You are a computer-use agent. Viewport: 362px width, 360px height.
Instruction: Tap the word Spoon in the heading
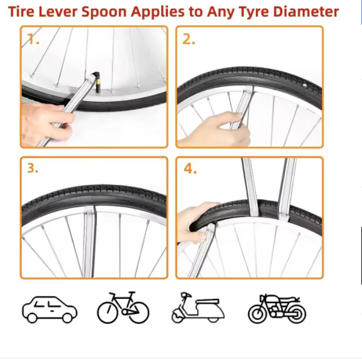point(104,13)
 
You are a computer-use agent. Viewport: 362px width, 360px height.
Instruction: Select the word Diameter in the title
point(306,11)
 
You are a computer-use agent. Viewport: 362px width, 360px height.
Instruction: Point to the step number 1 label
point(33,39)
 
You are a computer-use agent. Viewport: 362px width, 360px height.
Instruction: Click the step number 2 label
point(189,39)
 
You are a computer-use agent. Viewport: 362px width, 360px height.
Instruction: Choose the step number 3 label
point(32,168)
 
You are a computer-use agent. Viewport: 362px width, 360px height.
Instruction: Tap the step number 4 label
point(190,169)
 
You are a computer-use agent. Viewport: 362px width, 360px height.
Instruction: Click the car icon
point(50,310)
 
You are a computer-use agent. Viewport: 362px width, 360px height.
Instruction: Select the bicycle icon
point(123,308)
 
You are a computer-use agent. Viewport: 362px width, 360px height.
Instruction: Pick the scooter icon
point(198,308)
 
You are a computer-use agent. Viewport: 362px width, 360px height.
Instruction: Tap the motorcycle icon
point(277,308)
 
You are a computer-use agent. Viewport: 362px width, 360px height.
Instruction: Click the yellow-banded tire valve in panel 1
point(98,83)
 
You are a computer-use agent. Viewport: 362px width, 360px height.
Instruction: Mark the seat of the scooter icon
point(207,301)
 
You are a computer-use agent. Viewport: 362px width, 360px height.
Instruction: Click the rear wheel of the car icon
point(67,317)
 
